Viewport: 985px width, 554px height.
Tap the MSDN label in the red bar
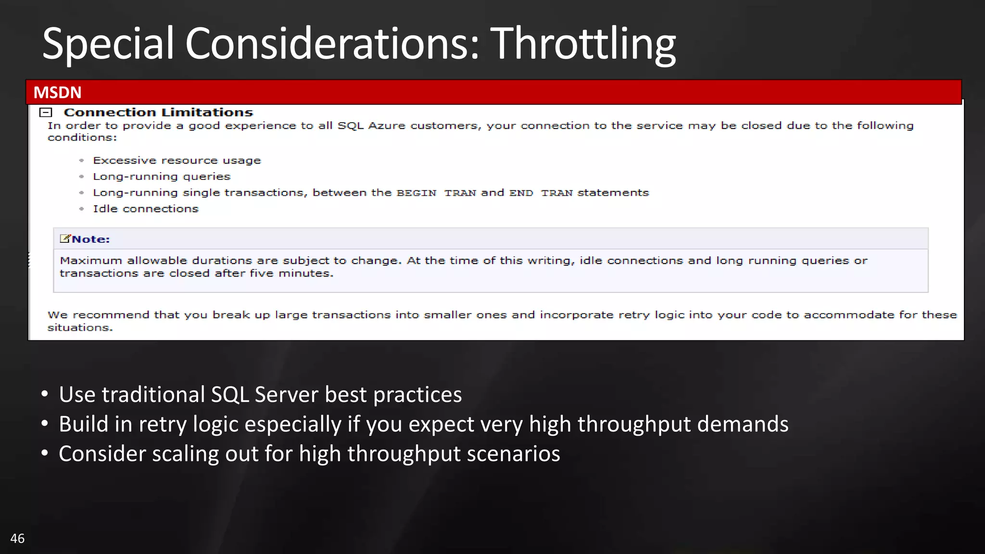coord(57,92)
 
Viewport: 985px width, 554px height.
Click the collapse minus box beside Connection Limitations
coord(46,113)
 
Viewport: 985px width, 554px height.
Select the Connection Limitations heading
coord(158,113)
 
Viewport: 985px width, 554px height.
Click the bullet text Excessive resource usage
coord(177,161)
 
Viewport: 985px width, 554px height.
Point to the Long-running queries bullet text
coord(162,176)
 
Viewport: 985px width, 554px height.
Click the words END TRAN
coord(541,193)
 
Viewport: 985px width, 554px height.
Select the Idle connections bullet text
coord(145,209)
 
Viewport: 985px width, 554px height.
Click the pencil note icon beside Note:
coord(65,239)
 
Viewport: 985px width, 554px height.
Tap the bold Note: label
coord(91,239)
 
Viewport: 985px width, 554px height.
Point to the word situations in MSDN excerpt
coord(79,328)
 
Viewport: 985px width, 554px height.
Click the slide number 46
coord(17,538)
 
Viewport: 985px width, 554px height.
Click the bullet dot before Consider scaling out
coord(45,453)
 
